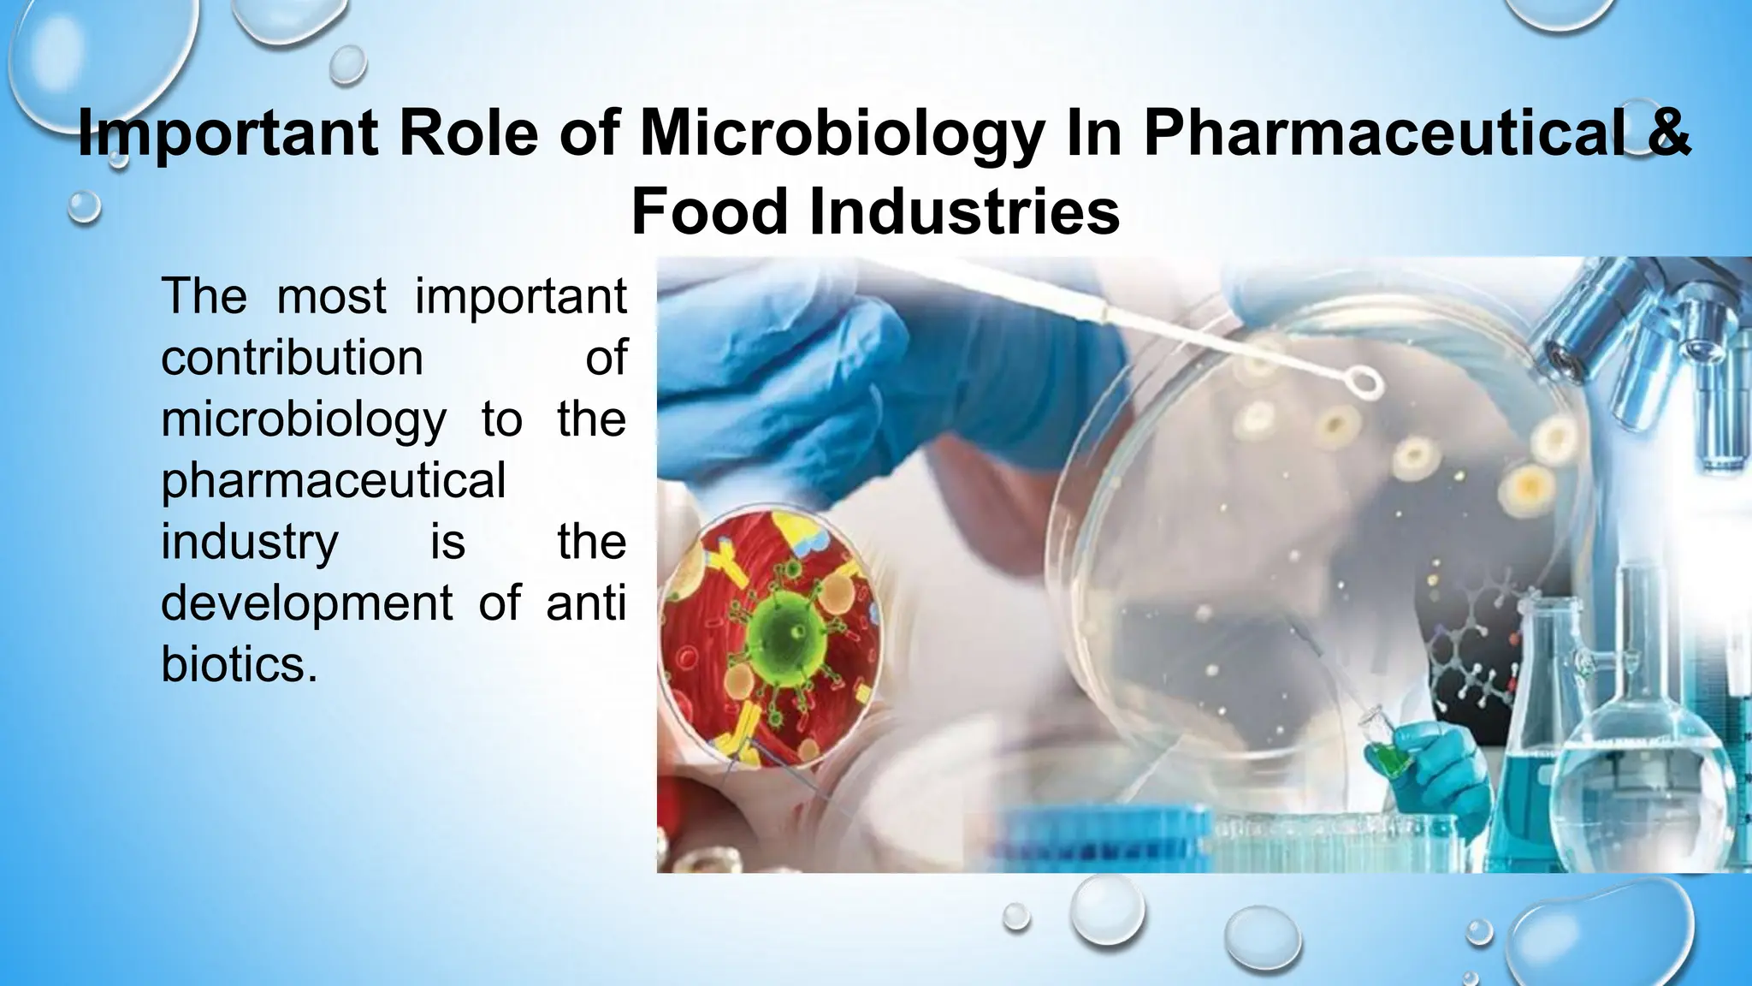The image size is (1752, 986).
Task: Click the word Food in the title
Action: tap(709, 211)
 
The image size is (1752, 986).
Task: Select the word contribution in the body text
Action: tap(292, 357)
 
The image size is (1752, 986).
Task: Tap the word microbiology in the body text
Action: tap(304, 420)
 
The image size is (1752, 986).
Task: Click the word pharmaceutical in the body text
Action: tap(334, 481)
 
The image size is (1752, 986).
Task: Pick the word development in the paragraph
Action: tap(306, 603)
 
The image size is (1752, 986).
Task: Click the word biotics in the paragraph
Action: tap(233, 664)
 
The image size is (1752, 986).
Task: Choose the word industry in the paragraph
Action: tap(250, 543)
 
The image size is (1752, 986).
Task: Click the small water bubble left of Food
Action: tap(84, 206)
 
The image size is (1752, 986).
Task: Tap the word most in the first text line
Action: tap(331, 296)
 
